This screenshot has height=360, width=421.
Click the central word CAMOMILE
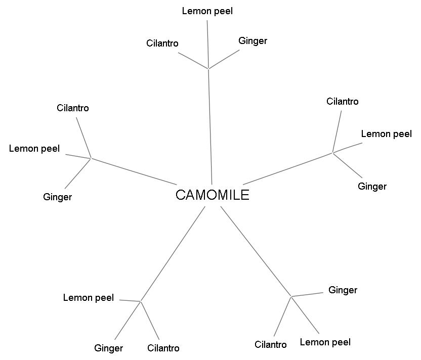point(212,195)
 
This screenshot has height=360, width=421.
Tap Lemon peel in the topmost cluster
point(207,11)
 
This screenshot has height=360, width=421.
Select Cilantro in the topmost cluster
point(162,43)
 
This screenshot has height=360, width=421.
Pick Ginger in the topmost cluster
point(252,41)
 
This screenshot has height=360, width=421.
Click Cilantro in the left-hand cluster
point(73,108)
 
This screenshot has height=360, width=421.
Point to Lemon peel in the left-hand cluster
point(34,149)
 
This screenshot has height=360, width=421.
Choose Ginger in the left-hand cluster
point(57,197)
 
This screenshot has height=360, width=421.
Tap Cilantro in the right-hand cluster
point(343,102)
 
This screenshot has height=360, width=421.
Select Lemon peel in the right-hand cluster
point(386,134)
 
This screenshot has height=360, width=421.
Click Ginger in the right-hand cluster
point(372,187)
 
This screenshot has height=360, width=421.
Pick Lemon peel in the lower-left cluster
point(89,298)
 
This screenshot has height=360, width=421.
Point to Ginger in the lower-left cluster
point(108,348)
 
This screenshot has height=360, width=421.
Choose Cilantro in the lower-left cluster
point(163,348)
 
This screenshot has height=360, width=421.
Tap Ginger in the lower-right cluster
point(343,290)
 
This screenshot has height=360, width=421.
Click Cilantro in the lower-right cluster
point(271,345)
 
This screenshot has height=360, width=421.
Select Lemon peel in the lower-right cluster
point(325,342)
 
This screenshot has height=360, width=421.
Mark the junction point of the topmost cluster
point(208,68)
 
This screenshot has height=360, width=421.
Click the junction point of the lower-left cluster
point(140,301)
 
